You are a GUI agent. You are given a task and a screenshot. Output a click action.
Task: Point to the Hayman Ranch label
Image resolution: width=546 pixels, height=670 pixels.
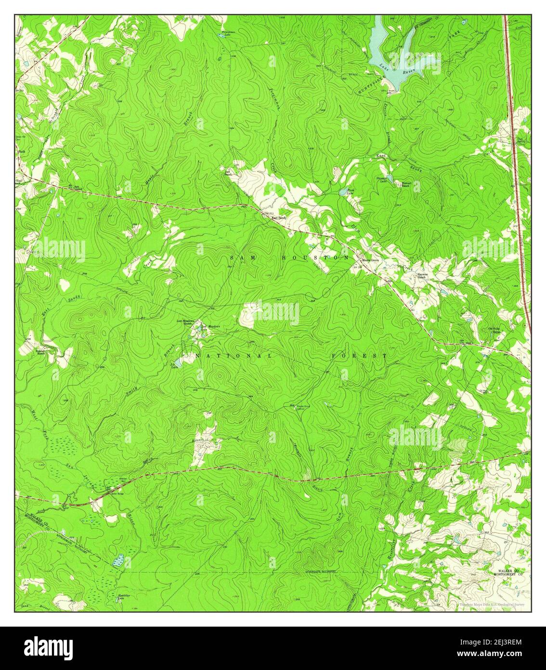click(x=422, y=276)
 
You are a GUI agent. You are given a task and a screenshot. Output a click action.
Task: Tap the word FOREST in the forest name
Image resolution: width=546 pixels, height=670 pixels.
click(x=359, y=356)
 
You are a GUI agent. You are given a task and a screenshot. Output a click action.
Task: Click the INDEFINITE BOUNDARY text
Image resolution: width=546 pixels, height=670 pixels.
click(x=320, y=571)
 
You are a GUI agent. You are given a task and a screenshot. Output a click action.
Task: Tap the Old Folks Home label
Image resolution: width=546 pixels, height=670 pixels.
click(x=496, y=331)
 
